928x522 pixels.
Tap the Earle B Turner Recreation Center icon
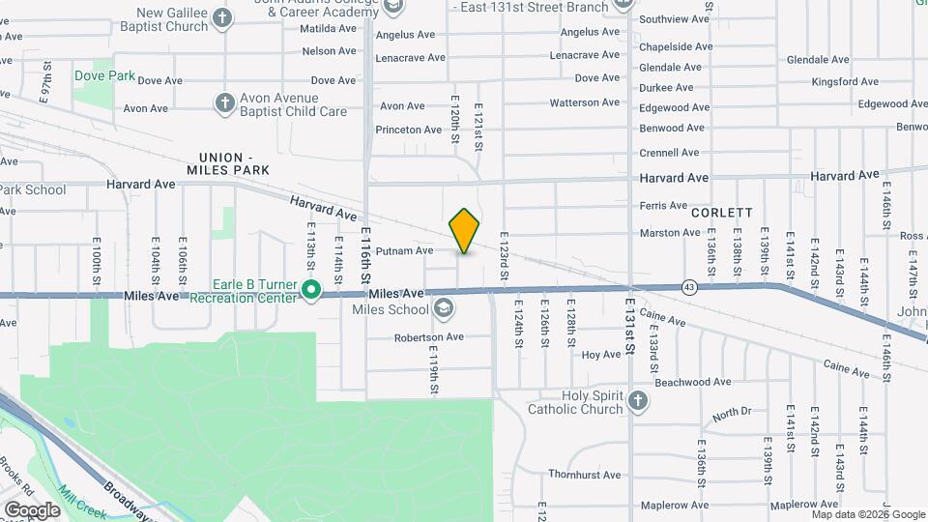pos(311,289)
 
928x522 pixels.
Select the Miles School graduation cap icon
pos(444,309)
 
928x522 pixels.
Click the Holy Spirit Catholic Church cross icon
pos(638,400)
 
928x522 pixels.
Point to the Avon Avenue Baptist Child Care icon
pos(225,103)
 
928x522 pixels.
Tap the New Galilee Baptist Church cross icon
pos(223,18)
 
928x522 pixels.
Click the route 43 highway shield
pos(688,286)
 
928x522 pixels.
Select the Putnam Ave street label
pos(411,250)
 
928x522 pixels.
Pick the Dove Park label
pos(103,75)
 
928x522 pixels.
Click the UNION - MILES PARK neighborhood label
pos(225,163)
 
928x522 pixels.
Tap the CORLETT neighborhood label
pos(721,212)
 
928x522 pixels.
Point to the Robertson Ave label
pos(429,337)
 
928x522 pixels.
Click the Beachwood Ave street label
pos(691,382)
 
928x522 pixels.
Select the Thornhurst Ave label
pos(585,475)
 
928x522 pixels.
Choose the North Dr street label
pos(732,413)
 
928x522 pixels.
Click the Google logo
pos(32,508)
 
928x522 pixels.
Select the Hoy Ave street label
pos(601,355)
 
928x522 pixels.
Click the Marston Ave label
pos(670,233)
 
